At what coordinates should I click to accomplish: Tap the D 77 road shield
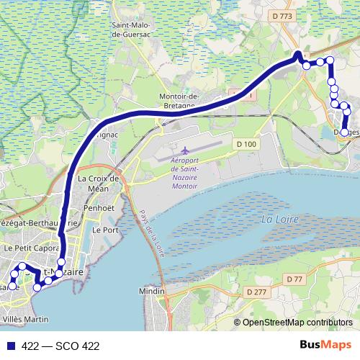coord(294,279)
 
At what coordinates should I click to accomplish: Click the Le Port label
coord(106,230)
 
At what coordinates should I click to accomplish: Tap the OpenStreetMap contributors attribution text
coord(297,323)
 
